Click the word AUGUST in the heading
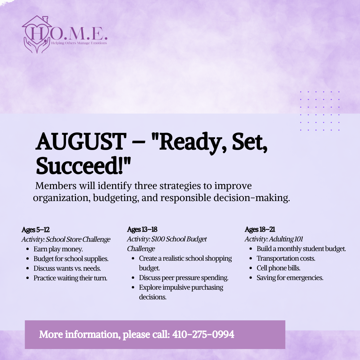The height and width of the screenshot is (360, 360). point(81,141)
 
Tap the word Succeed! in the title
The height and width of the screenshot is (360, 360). point(83,166)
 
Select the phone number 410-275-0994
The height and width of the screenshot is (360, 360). point(203,334)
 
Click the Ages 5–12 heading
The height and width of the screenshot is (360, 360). point(36,230)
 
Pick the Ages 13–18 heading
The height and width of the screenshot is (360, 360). point(142,230)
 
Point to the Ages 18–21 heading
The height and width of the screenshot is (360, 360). point(260,230)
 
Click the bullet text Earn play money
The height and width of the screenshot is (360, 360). point(58,249)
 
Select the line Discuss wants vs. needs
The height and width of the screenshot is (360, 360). point(67,268)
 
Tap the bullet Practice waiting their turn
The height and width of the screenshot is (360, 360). point(70,278)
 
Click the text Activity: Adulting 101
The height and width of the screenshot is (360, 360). point(274,239)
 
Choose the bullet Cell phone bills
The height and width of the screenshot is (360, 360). point(278,268)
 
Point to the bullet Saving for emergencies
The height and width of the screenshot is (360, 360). point(290,278)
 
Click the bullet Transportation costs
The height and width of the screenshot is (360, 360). point(286,259)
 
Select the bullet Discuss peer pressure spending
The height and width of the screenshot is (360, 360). point(184,278)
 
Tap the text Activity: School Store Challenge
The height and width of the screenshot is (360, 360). point(66,239)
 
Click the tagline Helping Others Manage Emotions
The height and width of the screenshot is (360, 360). point(79,43)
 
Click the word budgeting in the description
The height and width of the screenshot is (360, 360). point(116,198)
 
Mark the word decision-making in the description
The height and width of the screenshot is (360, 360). point(252,198)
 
